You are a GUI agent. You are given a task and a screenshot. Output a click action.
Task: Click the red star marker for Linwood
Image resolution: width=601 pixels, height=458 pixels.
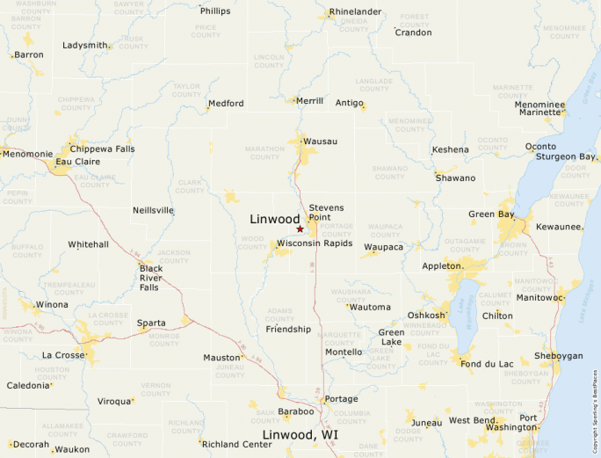pyautogui.click(x=300, y=229)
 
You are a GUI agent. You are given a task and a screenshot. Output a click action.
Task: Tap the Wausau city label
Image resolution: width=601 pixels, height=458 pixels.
pyautogui.click(x=320, y=141)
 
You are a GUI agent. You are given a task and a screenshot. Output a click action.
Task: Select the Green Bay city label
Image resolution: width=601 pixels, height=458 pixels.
pyautogui.click(x=491, y=214)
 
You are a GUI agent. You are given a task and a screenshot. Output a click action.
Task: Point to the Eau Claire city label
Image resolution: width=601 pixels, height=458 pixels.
pyautogui.click(x=76, y=162)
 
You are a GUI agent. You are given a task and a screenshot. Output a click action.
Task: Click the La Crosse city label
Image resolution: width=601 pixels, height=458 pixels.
pyautogui.click(x=62, y=355)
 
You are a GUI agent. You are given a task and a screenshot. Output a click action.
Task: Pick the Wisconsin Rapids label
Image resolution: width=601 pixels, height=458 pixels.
pyautogui.click(x=315, y=243)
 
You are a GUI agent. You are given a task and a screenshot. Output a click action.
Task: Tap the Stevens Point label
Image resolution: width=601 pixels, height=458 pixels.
pyautogui.click(x=326, y=212)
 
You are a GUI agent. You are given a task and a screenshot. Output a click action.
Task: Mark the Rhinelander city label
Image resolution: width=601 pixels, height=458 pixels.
pyautogui.click(x=356, y=11)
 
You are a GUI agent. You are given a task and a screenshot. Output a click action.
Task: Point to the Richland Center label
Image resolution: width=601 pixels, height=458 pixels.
pyautogui.click(x=237, y=444)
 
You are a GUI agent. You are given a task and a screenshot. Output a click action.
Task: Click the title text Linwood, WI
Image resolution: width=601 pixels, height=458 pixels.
pyautogui.click(x=300, y=435)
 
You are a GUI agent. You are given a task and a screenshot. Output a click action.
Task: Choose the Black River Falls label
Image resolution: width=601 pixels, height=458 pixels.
pyautogui.click(x=150, y=277)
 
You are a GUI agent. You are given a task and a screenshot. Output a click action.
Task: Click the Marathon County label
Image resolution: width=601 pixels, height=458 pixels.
pyautogui.click(x=264, y=152)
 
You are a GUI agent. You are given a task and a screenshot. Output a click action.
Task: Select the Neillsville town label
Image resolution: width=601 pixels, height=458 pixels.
pyautogui.click(x=153, y=210)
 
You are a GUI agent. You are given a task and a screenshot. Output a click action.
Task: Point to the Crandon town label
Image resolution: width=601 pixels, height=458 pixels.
pyautogui.click(x=413, y=33)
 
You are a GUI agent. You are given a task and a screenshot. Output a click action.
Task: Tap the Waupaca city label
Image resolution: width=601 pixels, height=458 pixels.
pyautogui.click(x=383, y=248)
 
